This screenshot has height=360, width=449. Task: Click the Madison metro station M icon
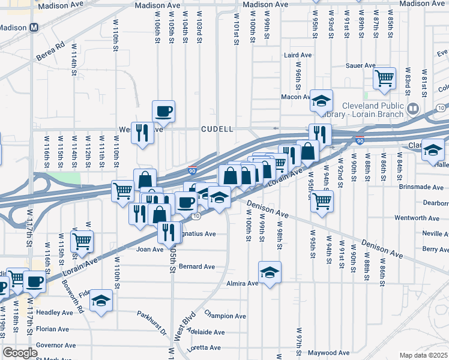[34, 28]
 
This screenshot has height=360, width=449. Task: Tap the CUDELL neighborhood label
[217, 129]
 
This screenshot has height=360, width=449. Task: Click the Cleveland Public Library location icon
[412, 109]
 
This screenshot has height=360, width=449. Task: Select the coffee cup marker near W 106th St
[163, 110]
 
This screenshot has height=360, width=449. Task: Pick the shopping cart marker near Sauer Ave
[384, 77]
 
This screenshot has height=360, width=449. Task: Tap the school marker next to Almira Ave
[270, 272]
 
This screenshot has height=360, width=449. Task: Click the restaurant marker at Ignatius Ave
[169, 232]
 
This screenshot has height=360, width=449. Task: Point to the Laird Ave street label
[298, 55]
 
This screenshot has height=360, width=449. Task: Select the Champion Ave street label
[225, 315]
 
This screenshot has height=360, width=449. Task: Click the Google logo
[20, 353]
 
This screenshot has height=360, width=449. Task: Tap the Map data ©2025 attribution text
[424, 355]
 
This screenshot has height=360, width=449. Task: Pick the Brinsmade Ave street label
[423, 187]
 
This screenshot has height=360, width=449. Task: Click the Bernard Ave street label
[196, 266]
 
